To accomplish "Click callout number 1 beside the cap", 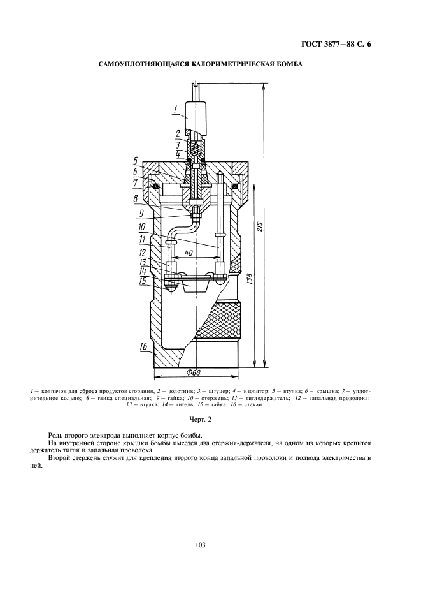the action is [x=175, y=110].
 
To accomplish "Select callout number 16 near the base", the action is [x=143, y=346].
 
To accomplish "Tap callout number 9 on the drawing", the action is [x=141, y=214].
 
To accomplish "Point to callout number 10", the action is [x=142, y=227].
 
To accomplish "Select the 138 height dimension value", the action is [x=250, y=277].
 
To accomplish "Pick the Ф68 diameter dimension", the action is [x=194, y=372].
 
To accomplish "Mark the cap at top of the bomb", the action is [x=195, y=115].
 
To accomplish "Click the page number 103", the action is [x=201, y=545].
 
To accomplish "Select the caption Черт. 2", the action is [x=201, y=420].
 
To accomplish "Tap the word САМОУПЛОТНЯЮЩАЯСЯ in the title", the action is [x=136, y=64].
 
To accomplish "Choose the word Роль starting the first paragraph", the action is [x=55, y=436].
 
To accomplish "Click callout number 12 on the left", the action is [x=143, y=253].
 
